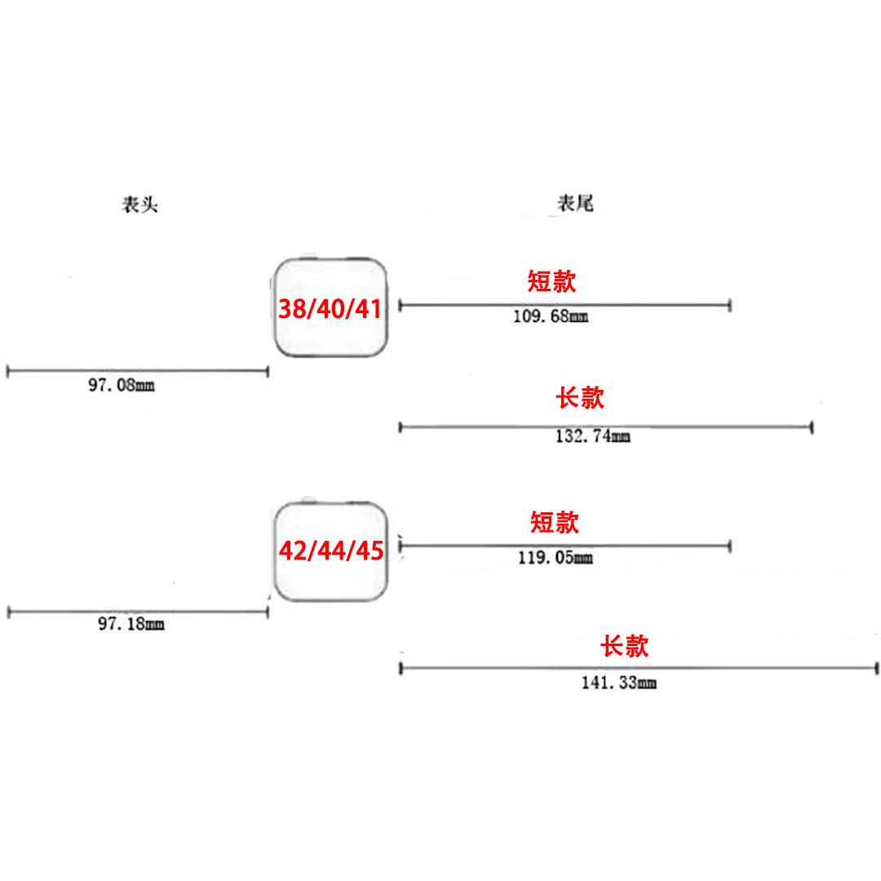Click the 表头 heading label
[x=139, y=205]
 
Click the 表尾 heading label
[x=575, y=204]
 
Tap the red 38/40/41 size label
[x=330, y=308]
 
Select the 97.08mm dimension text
[x=121, y=385]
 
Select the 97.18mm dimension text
[x=131, y=625]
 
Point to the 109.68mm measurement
[x=550, y=317]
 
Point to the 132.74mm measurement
[x=592, y=436]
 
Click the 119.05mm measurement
[x=556, y=559]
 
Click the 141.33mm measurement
[x=618, y=683]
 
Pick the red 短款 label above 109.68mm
[x=552, y=281]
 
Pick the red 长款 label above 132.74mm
[x=580, y=398]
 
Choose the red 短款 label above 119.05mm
[x=554, y=522]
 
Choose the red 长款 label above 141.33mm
[x=624, y=647]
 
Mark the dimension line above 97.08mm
[x=137, y=371]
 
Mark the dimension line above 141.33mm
[x=638, y=668]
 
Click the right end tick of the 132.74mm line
[x=812, y=427]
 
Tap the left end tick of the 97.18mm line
[x=8, y=612]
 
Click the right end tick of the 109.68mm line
[x=730, y=305]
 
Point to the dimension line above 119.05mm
[x=564, y=545]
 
